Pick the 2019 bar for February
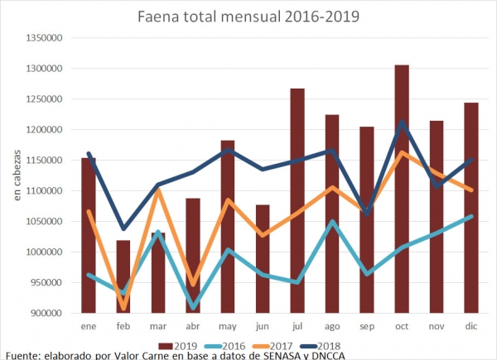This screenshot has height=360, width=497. pos(123,276)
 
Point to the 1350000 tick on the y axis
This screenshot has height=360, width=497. pos(46,38)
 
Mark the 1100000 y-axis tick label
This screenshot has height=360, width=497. pos(46,191)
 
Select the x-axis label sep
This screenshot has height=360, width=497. pos(367,328)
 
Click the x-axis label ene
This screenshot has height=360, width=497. pos(89,328)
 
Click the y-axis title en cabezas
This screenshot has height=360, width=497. pos(16,175)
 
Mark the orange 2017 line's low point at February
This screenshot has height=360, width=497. pos(123,308)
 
